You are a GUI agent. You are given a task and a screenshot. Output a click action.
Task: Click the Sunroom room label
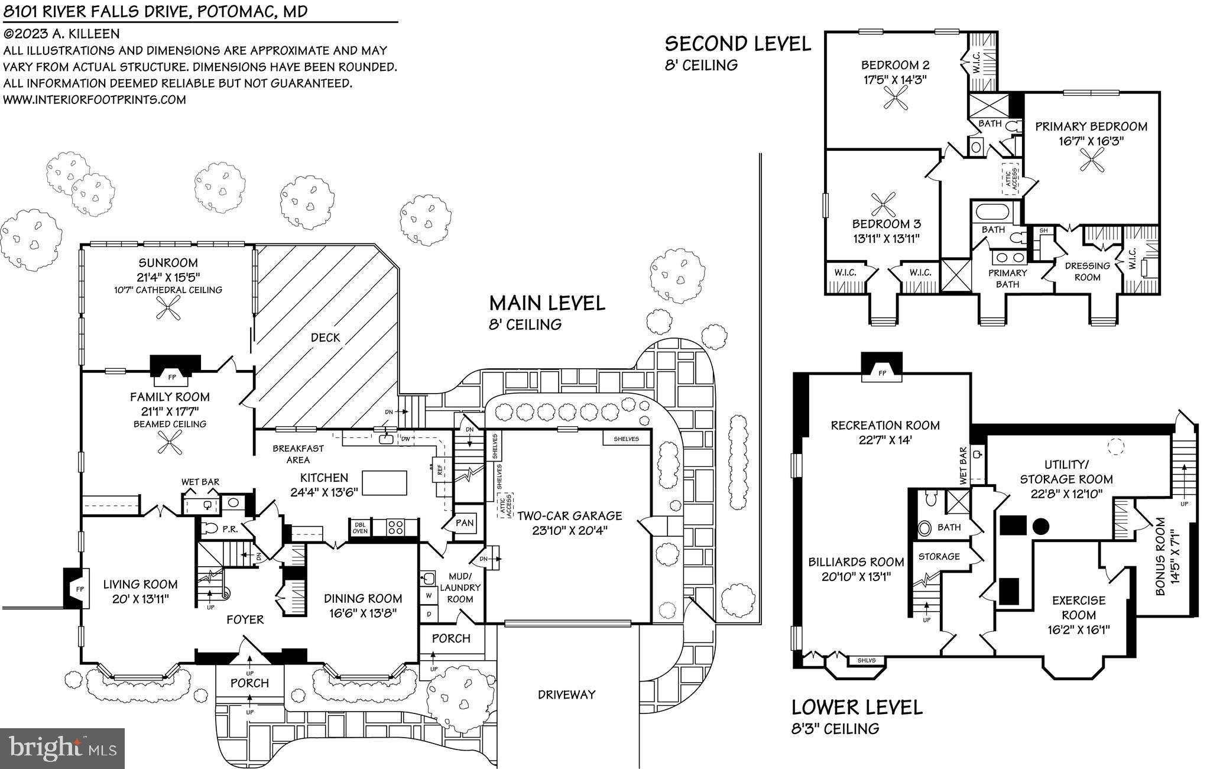tap(168, 262)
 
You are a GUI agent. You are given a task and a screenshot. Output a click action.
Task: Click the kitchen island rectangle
tap(384, 482)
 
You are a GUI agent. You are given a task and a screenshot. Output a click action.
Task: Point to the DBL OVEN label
tap(360, 527)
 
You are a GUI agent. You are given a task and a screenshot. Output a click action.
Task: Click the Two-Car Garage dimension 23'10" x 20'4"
tap(570, 531)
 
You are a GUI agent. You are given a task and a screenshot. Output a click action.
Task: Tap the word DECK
tap(325, 338)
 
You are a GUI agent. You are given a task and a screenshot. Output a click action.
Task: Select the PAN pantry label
tap(465, 523)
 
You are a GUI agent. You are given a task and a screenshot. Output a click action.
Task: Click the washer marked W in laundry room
tap(429, 595)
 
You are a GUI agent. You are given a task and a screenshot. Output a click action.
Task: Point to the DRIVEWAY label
tap(566, 695)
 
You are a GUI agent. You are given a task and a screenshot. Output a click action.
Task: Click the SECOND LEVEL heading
tap(738, 44)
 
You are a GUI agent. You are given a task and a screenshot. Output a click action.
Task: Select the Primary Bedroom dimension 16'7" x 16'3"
tap(1091, 141)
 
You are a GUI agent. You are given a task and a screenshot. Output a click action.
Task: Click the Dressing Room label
tap(1086, 271)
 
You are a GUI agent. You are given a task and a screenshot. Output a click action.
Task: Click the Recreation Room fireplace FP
tap(881, 372)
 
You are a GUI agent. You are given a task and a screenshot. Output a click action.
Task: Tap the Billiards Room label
tap(856, 562)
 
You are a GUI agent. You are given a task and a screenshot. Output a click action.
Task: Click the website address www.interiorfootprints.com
tap(95, 99)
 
